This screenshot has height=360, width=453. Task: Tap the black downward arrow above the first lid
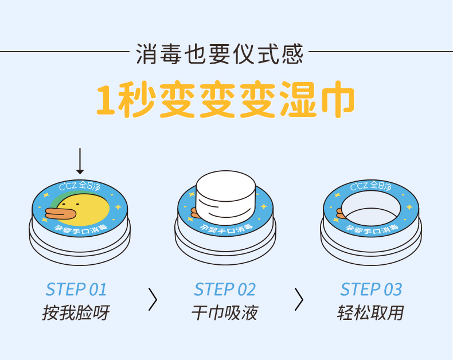click(x=80, y=161)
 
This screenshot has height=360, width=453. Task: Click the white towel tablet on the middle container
click(x=225, y=198)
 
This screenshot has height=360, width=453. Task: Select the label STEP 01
click(x=76, y=289)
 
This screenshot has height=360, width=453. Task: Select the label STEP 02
click(x=225, y=289)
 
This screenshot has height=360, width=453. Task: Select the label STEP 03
click(x=371, y=289)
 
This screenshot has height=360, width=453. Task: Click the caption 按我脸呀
click(x=76, y=313)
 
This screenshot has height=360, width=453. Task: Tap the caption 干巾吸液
click(x=225, y=313)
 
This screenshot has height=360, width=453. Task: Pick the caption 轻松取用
click(x=371, y=313)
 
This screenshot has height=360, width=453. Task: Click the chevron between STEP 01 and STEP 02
click(x=152, y=299)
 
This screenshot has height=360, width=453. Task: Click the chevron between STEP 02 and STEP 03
click(x=299, y=299)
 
